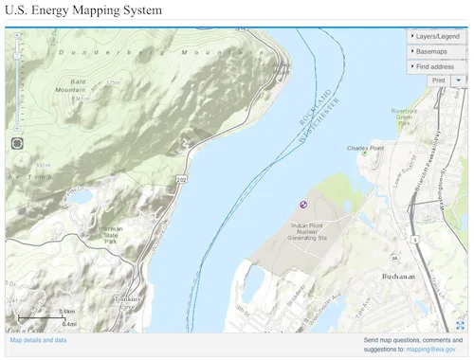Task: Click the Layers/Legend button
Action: (x=436, y=36)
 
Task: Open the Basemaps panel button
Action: (x=436, y=51)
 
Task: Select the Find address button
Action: (x=436, y=66)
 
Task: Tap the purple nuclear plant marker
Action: (x=303, y=204)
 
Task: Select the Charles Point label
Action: (x=365, y=148)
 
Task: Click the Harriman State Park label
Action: (x=111, y=235)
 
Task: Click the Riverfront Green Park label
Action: (x=404, y=116)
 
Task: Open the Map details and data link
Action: (x=38, y=339)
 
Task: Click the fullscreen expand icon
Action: (x=460, y=325)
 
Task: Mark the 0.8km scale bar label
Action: (x=67, y=311)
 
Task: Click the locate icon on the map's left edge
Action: (x=17, y=143)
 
